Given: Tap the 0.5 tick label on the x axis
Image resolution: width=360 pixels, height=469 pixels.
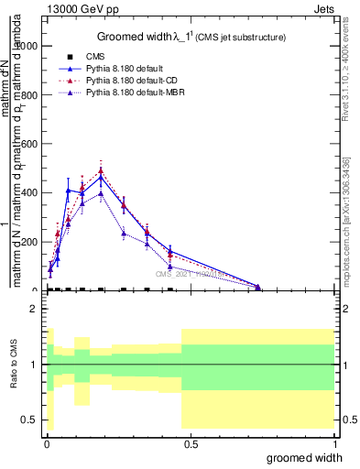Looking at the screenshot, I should point(191,442).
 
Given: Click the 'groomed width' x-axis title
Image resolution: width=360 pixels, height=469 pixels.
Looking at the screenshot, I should point(310,457).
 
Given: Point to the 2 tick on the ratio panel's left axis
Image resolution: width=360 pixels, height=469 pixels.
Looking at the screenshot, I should point(34,310).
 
